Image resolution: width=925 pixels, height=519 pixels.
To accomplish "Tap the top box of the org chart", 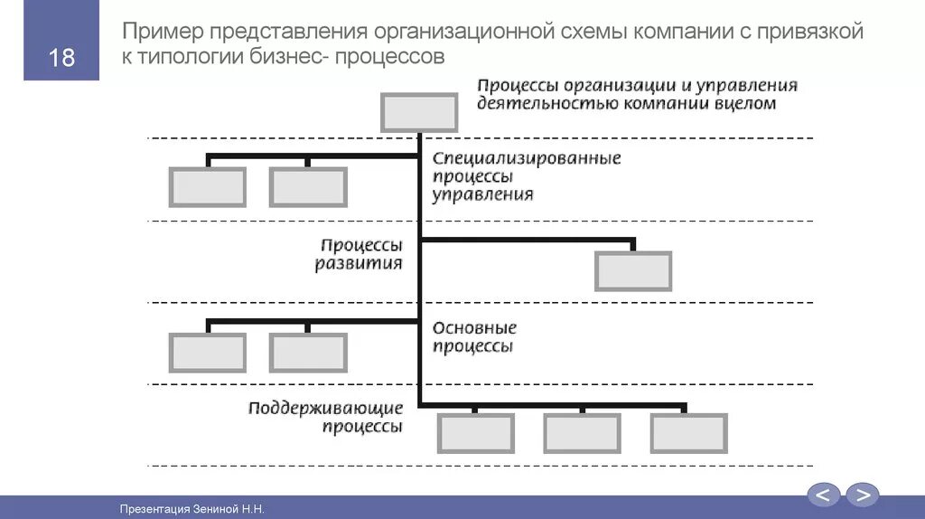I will coord(419,112).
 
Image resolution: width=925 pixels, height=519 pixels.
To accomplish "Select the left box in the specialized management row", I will coord(207,187).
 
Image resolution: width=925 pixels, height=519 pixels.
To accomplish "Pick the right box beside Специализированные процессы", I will coord(307,187).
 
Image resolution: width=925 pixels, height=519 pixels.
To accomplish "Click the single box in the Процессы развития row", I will coord(632,271).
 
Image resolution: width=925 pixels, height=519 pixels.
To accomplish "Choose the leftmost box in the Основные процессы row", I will coord(207,353).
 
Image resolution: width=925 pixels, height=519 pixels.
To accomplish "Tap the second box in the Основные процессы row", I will coord(307,353).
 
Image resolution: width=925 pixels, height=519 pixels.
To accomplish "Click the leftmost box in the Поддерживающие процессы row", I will coord(475,433).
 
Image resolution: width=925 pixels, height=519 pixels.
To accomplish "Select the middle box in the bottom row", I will coord(582,433).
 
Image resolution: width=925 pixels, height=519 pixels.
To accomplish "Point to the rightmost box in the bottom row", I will coord(688,433).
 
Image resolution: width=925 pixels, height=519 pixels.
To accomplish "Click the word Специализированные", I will coord(527,159).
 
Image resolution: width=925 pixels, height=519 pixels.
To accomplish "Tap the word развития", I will coord(359,264).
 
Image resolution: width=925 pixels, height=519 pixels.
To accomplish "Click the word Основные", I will coord(474,328).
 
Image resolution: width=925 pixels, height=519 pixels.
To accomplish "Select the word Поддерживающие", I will coord(325,409).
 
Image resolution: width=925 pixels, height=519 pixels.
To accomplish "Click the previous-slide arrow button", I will coord(823,495).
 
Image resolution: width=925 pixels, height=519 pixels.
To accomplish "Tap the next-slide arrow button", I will coord(863,495).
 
